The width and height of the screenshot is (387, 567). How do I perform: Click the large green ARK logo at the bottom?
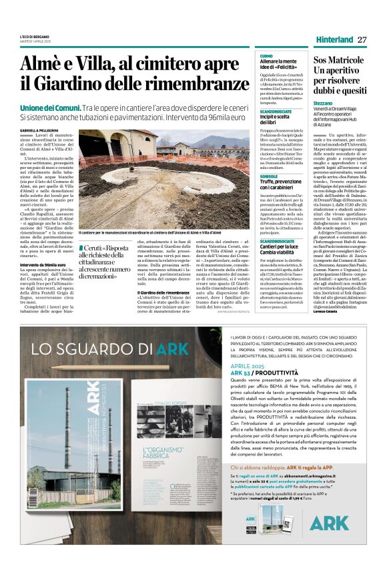[x=328, y=522]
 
